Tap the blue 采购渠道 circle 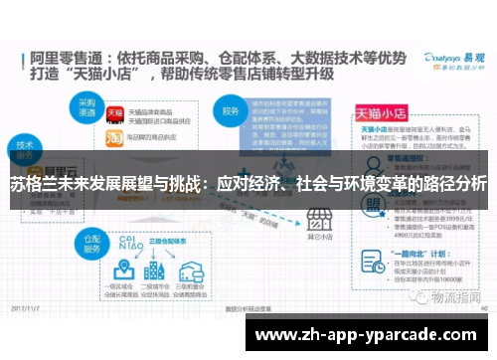(x=80, y=106)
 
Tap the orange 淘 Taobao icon (x=114, y=138)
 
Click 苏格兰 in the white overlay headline (x=33, y=184)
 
